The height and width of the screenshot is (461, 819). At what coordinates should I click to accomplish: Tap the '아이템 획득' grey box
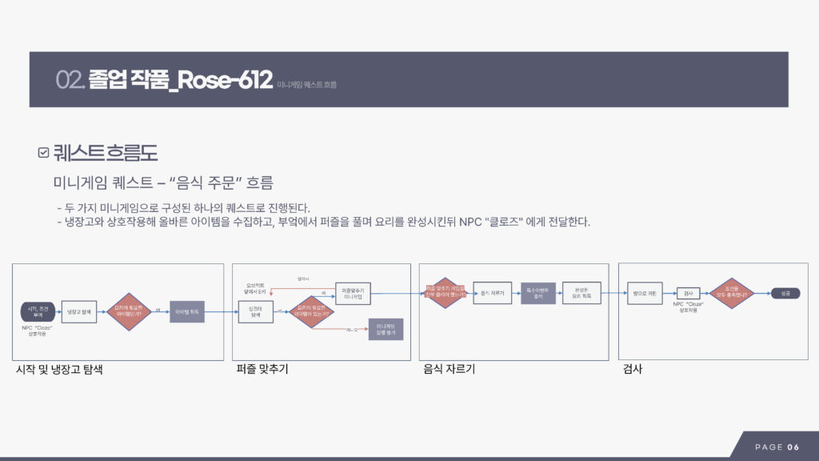(x=187, y=310)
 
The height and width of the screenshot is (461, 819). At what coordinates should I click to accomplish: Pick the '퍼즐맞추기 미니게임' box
(x=353, y=293)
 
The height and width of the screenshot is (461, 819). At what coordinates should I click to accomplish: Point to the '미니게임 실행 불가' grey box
(x=386, y=328)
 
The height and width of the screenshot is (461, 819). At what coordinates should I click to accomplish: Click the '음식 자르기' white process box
(x=491, y=293)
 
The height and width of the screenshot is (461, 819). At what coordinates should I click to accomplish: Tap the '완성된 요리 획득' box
(x=581, y=293)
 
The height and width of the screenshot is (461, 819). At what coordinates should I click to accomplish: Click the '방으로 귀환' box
(x=644, y=293)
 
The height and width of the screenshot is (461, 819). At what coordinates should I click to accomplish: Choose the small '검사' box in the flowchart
(x=688, y=294)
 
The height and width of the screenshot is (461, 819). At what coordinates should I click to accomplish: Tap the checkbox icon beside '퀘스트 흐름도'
(x=43, y=152)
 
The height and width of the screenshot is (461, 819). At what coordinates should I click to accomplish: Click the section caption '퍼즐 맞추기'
(x=262, y=370)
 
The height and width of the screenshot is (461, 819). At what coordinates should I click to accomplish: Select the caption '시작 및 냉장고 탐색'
(x=59, y=370)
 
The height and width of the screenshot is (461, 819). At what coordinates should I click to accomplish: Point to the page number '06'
(x=793, y=447)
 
